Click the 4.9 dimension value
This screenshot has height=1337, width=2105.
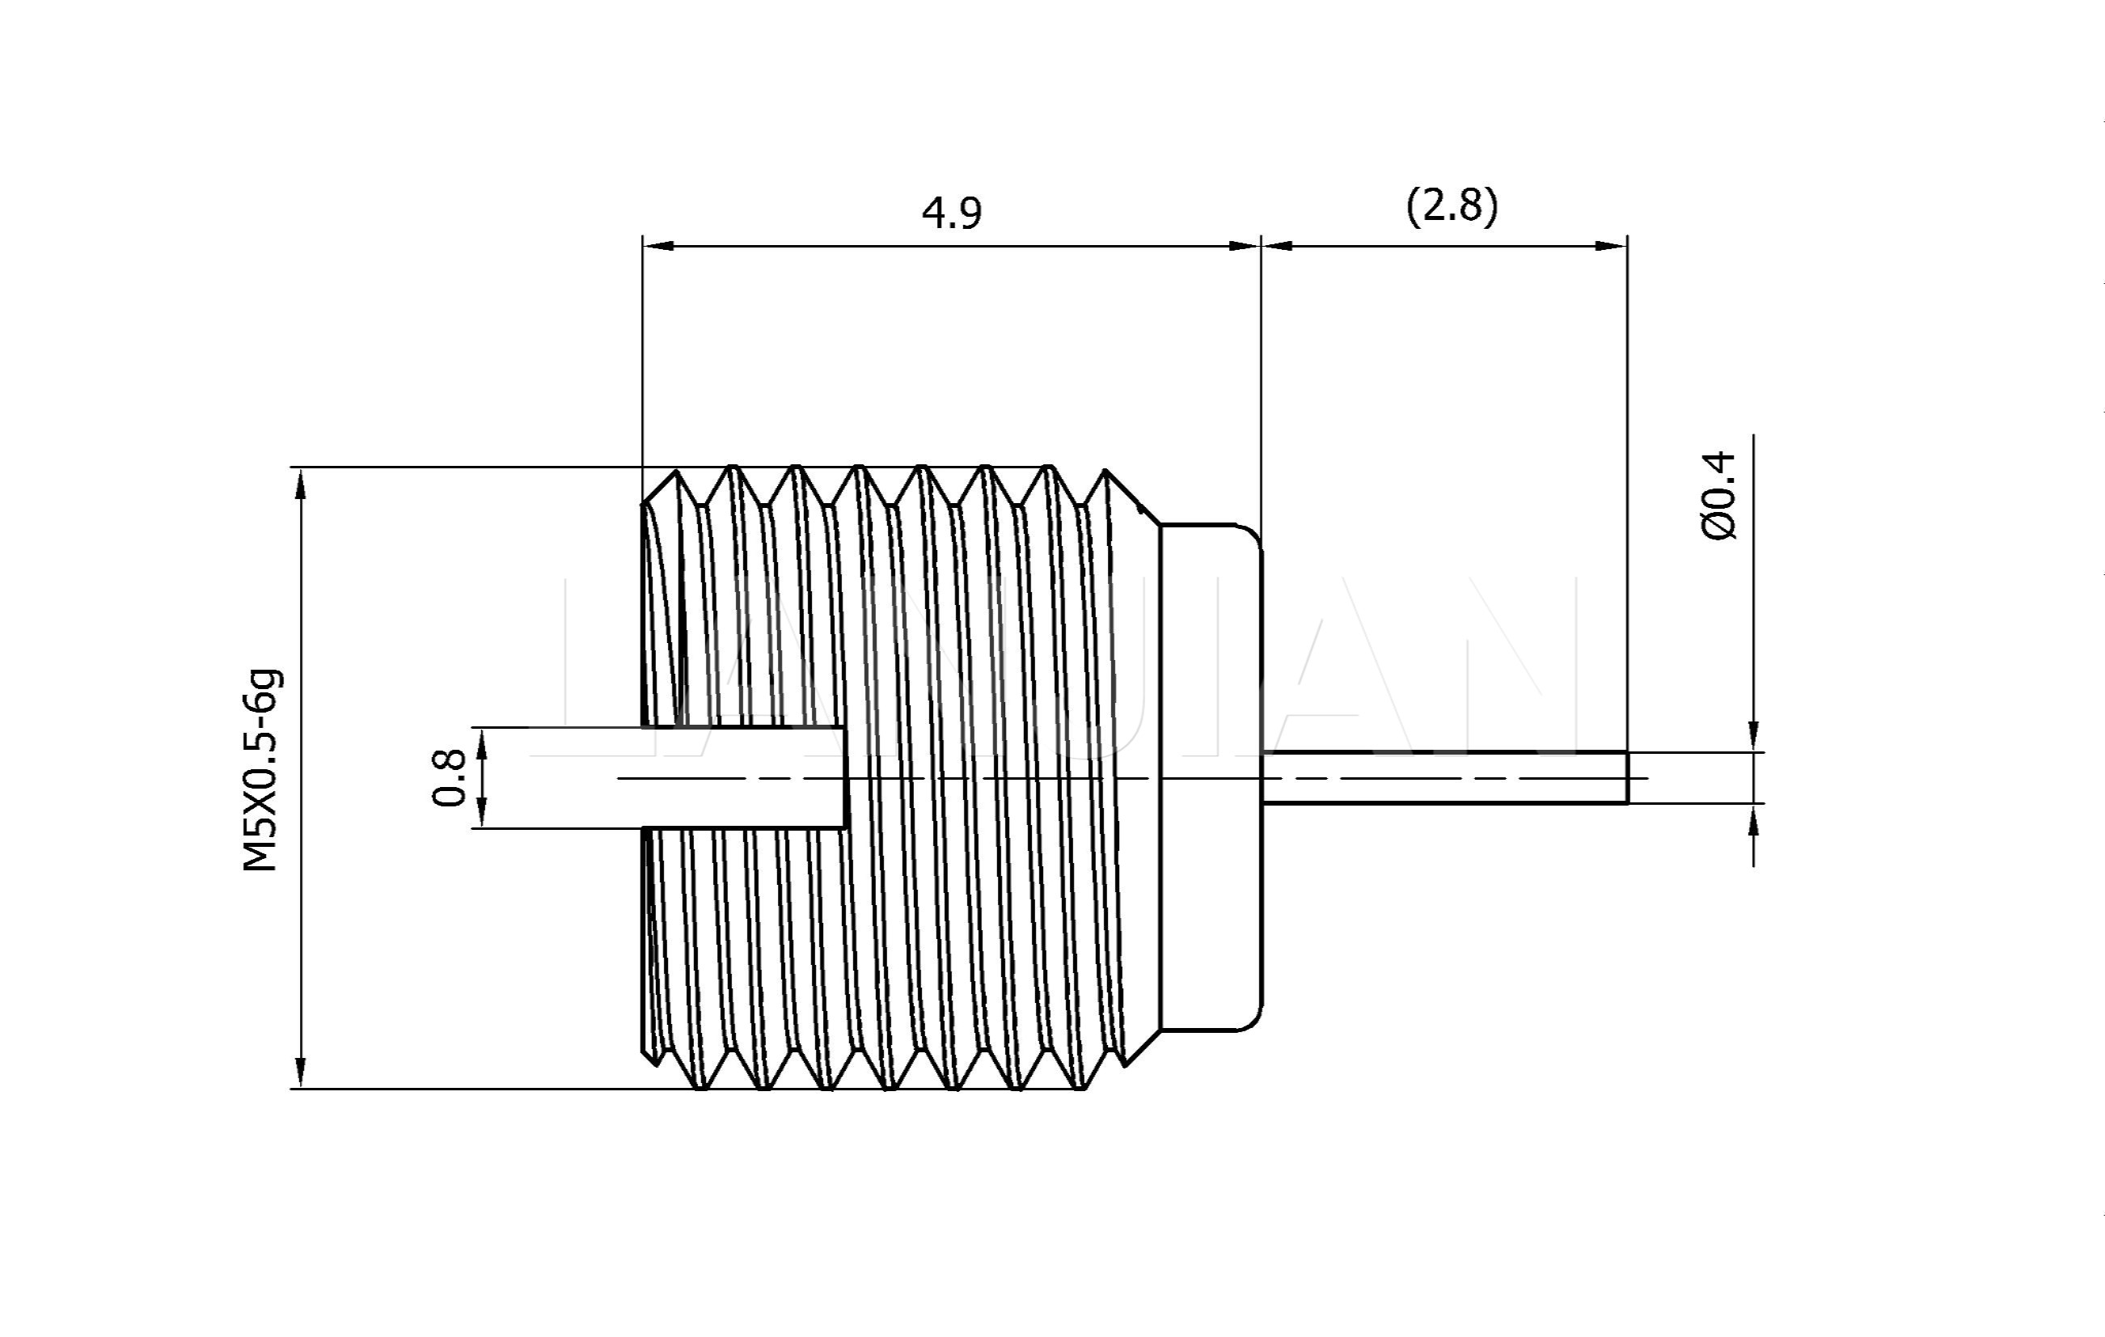(x=952, y=214)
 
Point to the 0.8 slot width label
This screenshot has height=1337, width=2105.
(x=450, y=777)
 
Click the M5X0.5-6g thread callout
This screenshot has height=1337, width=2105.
(x=261, y=770)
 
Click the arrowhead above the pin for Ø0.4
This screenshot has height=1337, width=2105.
(x=1753, y=736)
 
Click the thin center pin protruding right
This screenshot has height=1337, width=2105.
(x=1443, y=776)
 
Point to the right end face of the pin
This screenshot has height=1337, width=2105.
(x=1627, y=776)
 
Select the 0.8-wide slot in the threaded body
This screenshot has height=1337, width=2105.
(x=743, y=776)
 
